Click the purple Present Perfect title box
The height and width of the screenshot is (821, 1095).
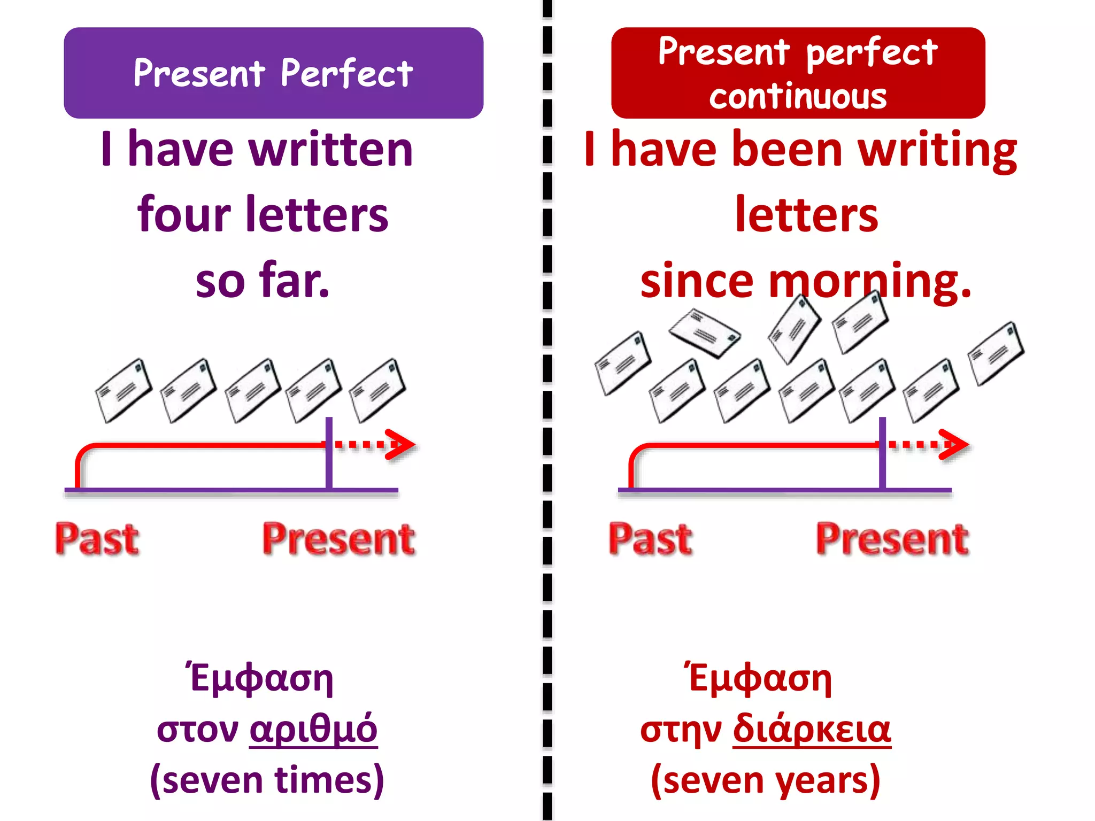pyautogui.click(x=273, y=73)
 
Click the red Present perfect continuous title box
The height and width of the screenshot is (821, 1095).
pyautogui.click(x=798, y=73)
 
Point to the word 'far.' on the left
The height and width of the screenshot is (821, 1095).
pyautogui.click(x=294, y=281)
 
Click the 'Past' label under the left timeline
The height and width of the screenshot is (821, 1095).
pyautogui.click(x=97, y=539)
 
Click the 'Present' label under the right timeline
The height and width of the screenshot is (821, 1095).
pyautogui.click(x=892, y=539)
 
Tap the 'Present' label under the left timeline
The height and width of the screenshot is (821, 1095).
pyautogui.click(x=338, y=539)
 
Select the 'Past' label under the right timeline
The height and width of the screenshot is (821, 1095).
pyautogui.click(x=651, y=539)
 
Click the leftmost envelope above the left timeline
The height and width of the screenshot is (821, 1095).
pyautogui.click(x=124, y=390)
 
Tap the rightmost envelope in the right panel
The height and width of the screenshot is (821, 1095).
pyautogui.click(x=996, y=353)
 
